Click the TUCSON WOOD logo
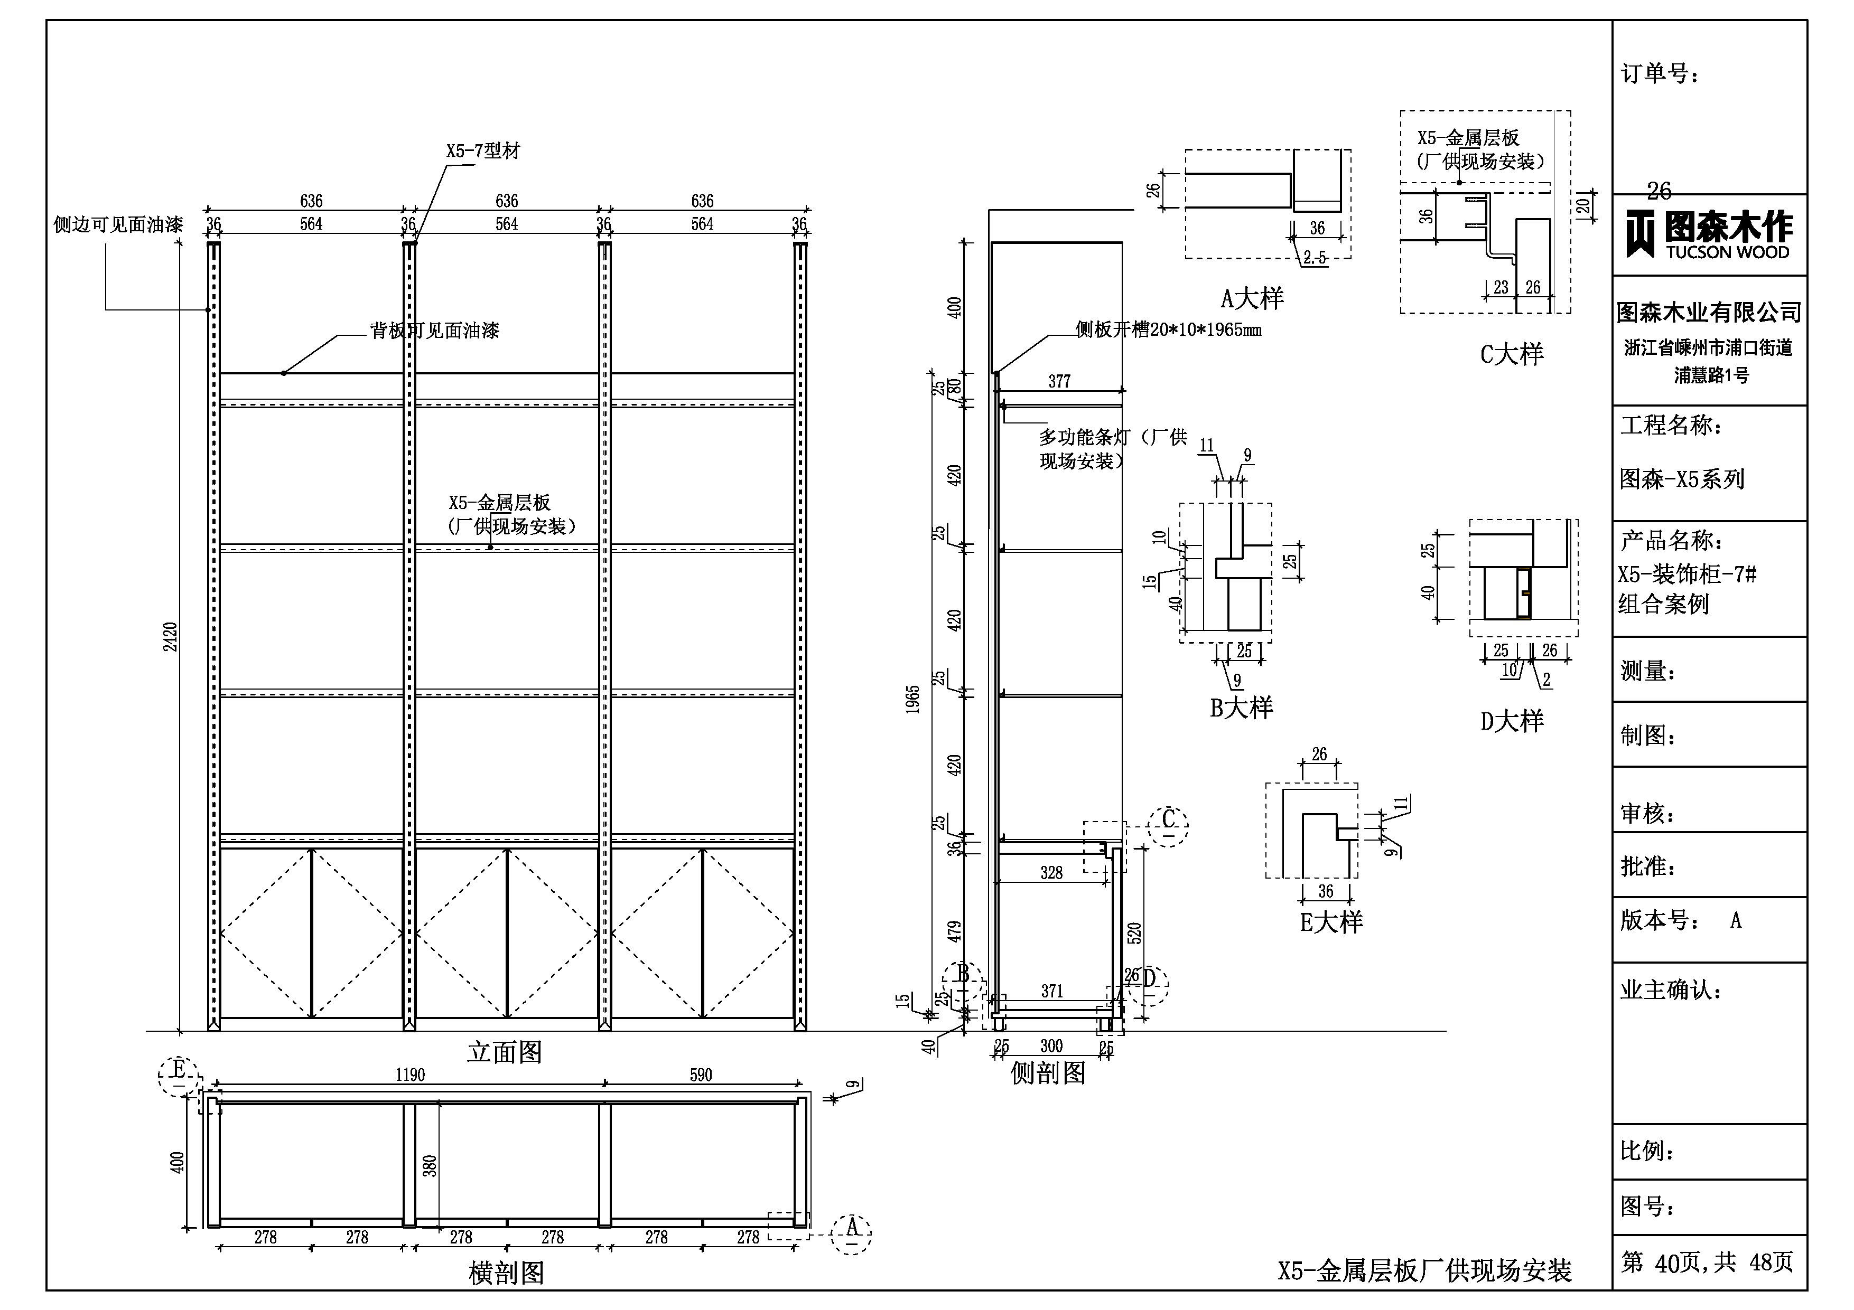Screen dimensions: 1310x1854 pyautogui.click(x=1709, y=235)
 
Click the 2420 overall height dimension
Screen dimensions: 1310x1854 pyautogui.click(x=170, y=637)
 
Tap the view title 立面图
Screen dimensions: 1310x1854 pyautogui.click(x=505, y=1052)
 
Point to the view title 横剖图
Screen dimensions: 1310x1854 pyautogui.click(x=506, y=1273)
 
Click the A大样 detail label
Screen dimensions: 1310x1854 pyautogui.click(x=1252, y=299)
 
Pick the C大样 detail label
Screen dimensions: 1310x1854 pyautogui.click(x=1512, y=354)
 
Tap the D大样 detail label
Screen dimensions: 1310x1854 pyautogui.click(x=1512, y=721)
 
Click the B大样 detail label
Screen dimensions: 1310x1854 pyautogui.click(x=1241, y=708)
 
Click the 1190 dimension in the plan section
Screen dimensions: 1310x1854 pyautogui.click(x=410, y=1075)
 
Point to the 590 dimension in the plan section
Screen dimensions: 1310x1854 pyautogui.click(x=701, y=1075)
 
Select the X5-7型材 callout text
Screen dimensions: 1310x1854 pyautogui.click(x=483, y=151)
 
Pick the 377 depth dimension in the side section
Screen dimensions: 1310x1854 pyautogui.click(x=1059, y=381)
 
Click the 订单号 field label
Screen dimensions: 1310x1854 pyautogui.click(x=1660, y=74)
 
